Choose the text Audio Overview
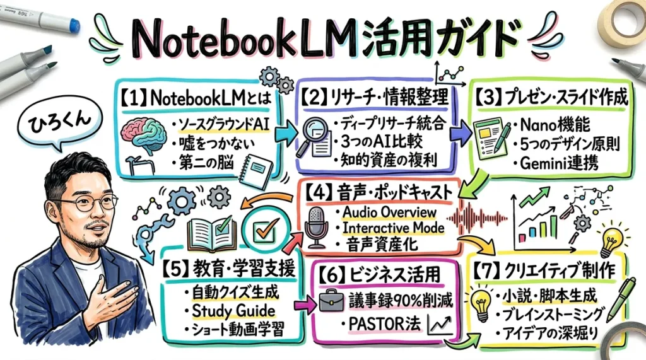(389, 211)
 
